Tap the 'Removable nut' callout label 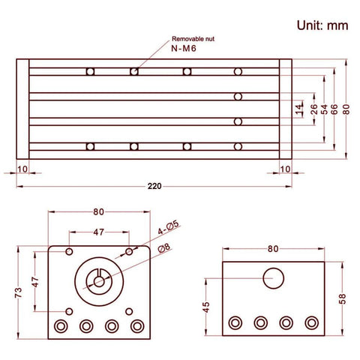[194, 38]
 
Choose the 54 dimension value [324, 109]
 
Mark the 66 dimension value [334, 109]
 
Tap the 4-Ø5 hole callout [167, 224]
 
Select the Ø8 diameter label [163, 248]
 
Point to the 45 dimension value [206, 306]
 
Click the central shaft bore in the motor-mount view [98, 281]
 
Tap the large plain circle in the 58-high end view [274, 278]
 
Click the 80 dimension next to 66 [346, 109]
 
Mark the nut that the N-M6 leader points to [133, 72]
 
